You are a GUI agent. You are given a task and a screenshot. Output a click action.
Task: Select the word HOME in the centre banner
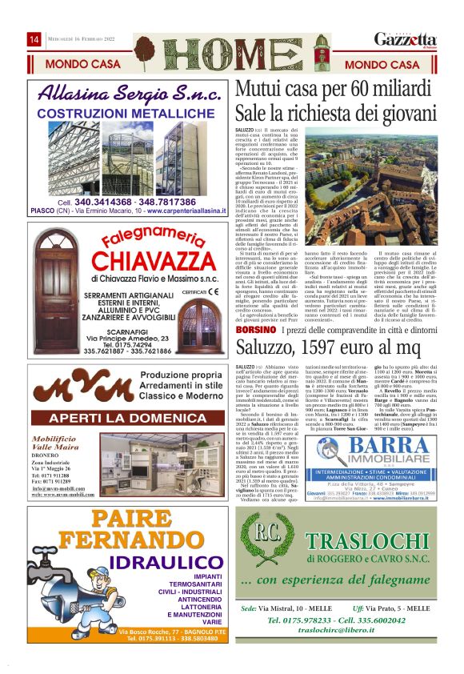(x=231, y=54)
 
